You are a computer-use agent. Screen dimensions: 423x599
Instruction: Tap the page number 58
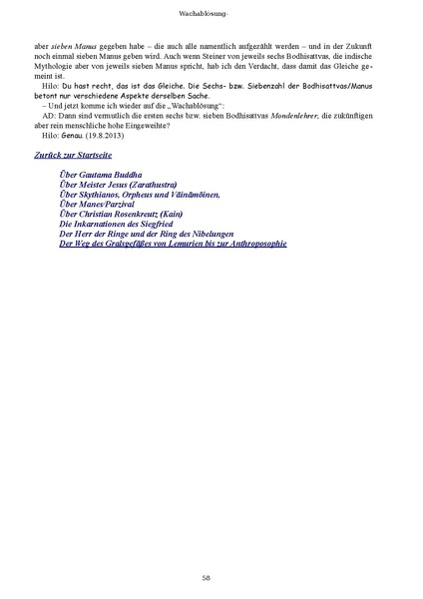coord(206,577)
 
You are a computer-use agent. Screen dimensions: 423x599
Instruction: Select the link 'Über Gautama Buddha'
coord(101,174)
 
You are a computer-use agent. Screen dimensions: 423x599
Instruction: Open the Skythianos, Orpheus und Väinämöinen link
coord(140,194)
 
